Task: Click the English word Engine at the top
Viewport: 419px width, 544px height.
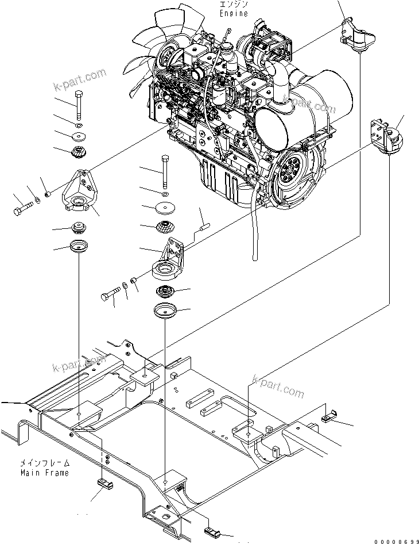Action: point(234,13)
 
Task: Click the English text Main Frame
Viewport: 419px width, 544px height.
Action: point(45,473)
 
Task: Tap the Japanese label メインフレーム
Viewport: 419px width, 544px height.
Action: point(45,463)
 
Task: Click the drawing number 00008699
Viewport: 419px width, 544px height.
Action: point(396,541)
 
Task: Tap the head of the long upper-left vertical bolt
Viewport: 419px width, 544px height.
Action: point(79,94)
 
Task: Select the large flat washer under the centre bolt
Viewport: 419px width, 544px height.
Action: point(165,208)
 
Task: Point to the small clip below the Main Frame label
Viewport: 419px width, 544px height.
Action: point(104,483)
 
